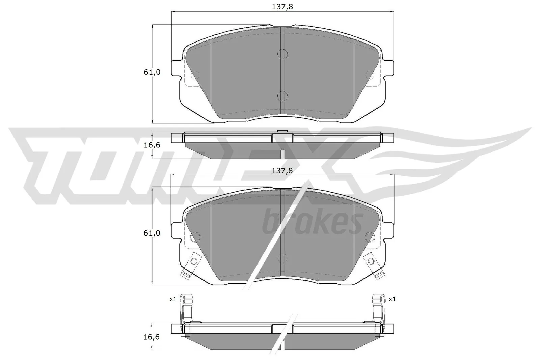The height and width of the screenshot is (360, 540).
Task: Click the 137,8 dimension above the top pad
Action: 282,7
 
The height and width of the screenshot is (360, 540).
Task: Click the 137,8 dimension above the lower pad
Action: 282,171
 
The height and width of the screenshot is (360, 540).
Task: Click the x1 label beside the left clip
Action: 173,299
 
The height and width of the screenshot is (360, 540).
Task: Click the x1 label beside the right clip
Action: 392,299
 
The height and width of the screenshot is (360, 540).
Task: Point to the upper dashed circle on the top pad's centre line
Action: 282,54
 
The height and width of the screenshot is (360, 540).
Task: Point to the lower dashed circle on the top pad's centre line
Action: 282,96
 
